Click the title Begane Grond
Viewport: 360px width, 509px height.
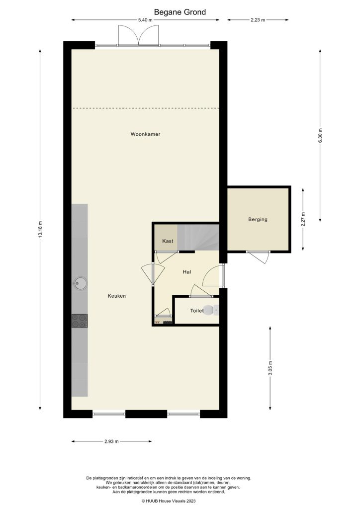pos(180,12)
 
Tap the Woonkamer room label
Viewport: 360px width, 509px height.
pos(145,134)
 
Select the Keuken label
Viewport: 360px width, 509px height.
pos(117,296)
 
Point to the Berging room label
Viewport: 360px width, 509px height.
pos(258,219)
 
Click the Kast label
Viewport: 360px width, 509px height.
pos(168,241)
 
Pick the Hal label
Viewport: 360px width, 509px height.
pos(187,271)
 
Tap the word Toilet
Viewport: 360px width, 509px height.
pos(197,311)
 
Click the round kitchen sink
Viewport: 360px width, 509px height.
pos(80,284)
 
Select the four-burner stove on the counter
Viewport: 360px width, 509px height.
pos(80,321)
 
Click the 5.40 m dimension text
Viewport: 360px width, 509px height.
pos(145,20)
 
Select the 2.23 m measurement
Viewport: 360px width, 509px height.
pos(258,20)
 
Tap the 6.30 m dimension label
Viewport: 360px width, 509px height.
pos(320,136)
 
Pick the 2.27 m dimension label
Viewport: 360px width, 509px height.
pos(303,219)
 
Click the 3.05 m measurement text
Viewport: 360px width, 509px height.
pos(270,368)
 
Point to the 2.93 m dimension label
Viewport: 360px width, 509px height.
pos(111,441)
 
